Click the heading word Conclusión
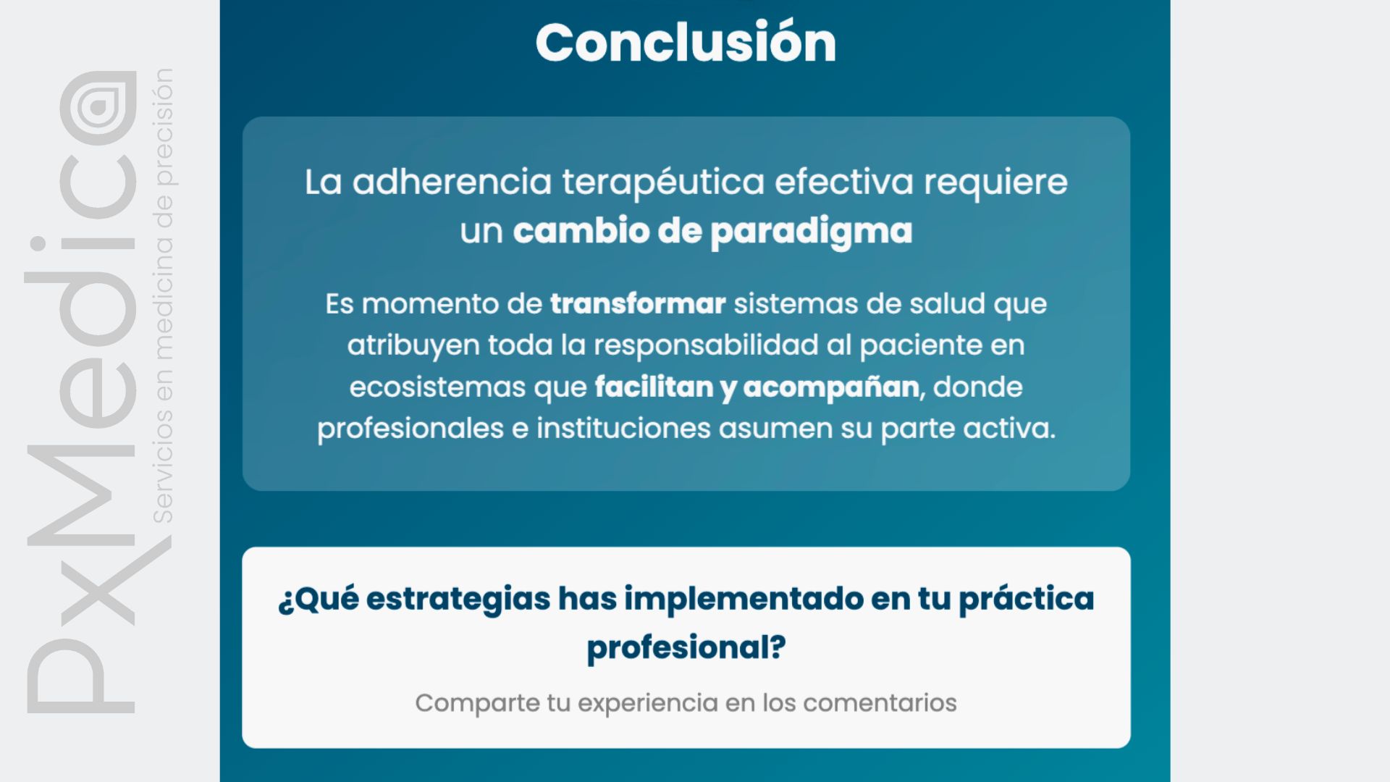686,41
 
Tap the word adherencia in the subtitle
452,181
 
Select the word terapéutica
663,182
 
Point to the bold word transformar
638,303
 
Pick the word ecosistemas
437,387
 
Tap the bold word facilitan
654,387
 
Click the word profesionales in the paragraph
410,429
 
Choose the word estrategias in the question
458,600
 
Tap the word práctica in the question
1027,600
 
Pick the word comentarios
880,703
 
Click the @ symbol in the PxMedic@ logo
98,109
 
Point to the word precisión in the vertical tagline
163,127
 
